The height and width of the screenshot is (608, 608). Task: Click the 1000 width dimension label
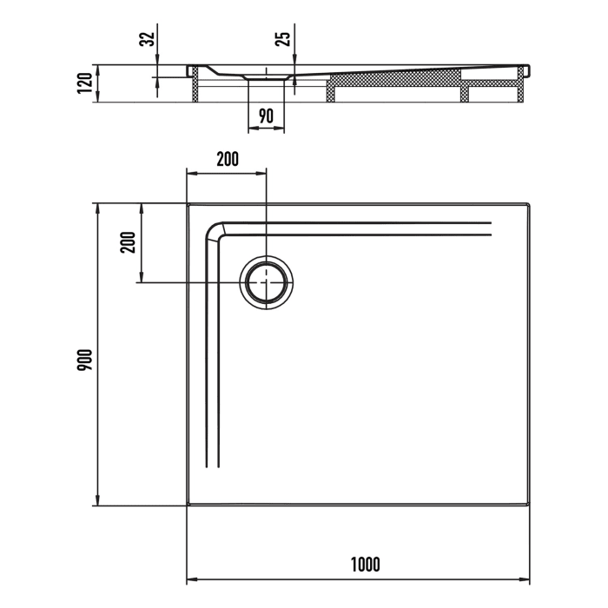coord(366,564)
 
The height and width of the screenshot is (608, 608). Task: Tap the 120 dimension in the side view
coord(84,83)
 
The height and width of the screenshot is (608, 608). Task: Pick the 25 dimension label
coord(283,39)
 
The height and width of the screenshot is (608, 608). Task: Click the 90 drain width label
coord(267,116)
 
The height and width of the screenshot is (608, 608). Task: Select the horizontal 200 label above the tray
coord(228,159)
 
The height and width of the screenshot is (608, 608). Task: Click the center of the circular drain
coord(267,282)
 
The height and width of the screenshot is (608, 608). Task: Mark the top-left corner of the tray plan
coord(188,204)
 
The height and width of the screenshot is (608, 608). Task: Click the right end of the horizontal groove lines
coord(491,229)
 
